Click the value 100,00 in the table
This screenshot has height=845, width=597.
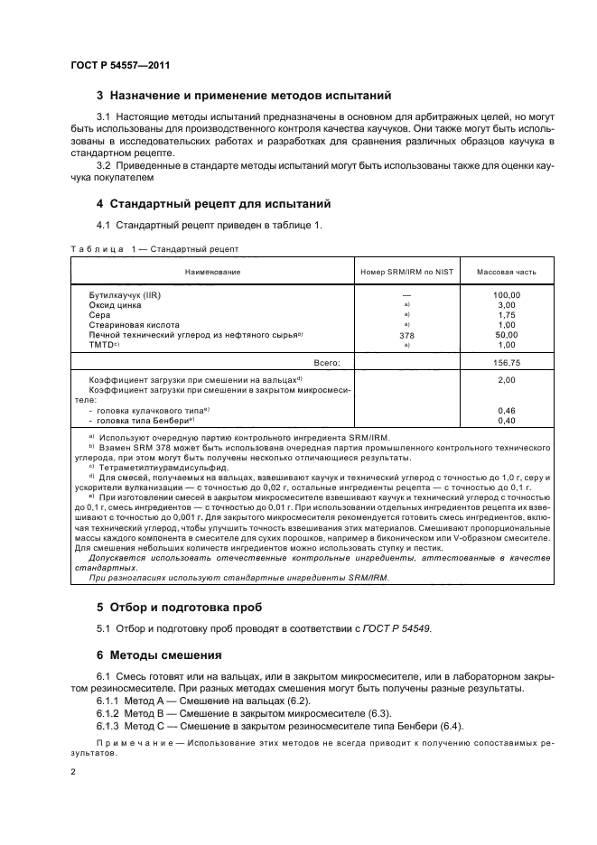(x=506, y=295)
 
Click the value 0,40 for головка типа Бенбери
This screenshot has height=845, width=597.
(x=506, y=420)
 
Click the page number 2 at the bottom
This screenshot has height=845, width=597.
(x=73, y=771)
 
